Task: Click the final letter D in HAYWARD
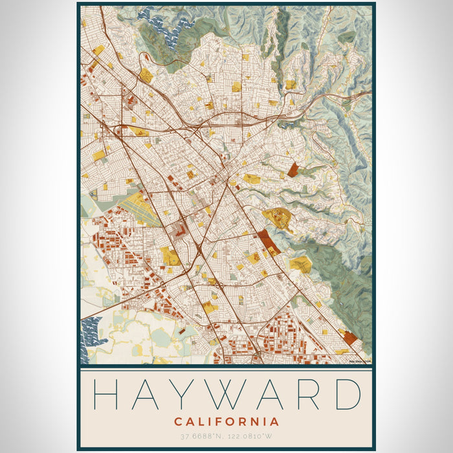click(x=346, y=393)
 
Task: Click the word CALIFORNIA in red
click(x=226, y=422)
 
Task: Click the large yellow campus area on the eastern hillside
click(x=277, y=218)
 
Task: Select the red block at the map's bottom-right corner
click(x=350, y=337)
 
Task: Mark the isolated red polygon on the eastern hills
click(x=293, y=170)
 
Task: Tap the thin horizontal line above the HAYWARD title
click(x=226, y=371)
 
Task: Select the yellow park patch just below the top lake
click(x=147, y=76)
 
